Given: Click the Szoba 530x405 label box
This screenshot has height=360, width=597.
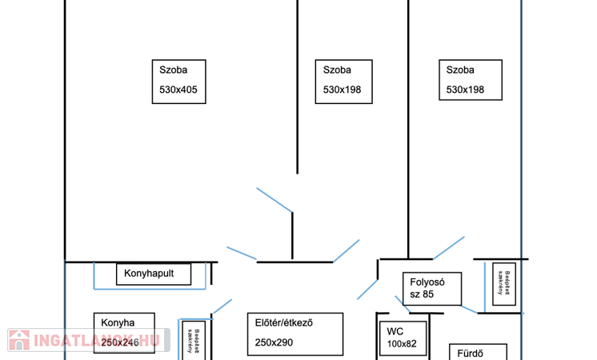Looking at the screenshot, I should point(178,80).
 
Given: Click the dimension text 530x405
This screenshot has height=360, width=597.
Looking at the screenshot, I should point(178,90).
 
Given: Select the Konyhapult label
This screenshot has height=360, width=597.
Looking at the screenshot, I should point(154,274).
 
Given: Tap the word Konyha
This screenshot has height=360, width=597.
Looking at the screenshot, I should point(118,323).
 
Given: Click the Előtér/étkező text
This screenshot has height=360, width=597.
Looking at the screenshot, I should point(283,323).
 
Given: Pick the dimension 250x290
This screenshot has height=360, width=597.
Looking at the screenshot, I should point(275,342).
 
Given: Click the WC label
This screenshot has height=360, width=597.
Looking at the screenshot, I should point(395,331).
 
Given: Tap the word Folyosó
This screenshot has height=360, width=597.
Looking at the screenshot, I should point(427,282).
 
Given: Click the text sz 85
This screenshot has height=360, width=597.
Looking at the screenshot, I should point(422,294).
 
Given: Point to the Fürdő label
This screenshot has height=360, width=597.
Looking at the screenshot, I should point(471,353).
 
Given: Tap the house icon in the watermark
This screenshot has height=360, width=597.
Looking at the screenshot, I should point(18,340).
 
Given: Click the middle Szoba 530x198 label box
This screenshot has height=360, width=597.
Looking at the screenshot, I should point(342,80).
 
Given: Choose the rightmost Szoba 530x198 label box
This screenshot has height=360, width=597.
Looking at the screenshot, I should point(471,80).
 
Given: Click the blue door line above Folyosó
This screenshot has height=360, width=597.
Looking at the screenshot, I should point(449,247).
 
